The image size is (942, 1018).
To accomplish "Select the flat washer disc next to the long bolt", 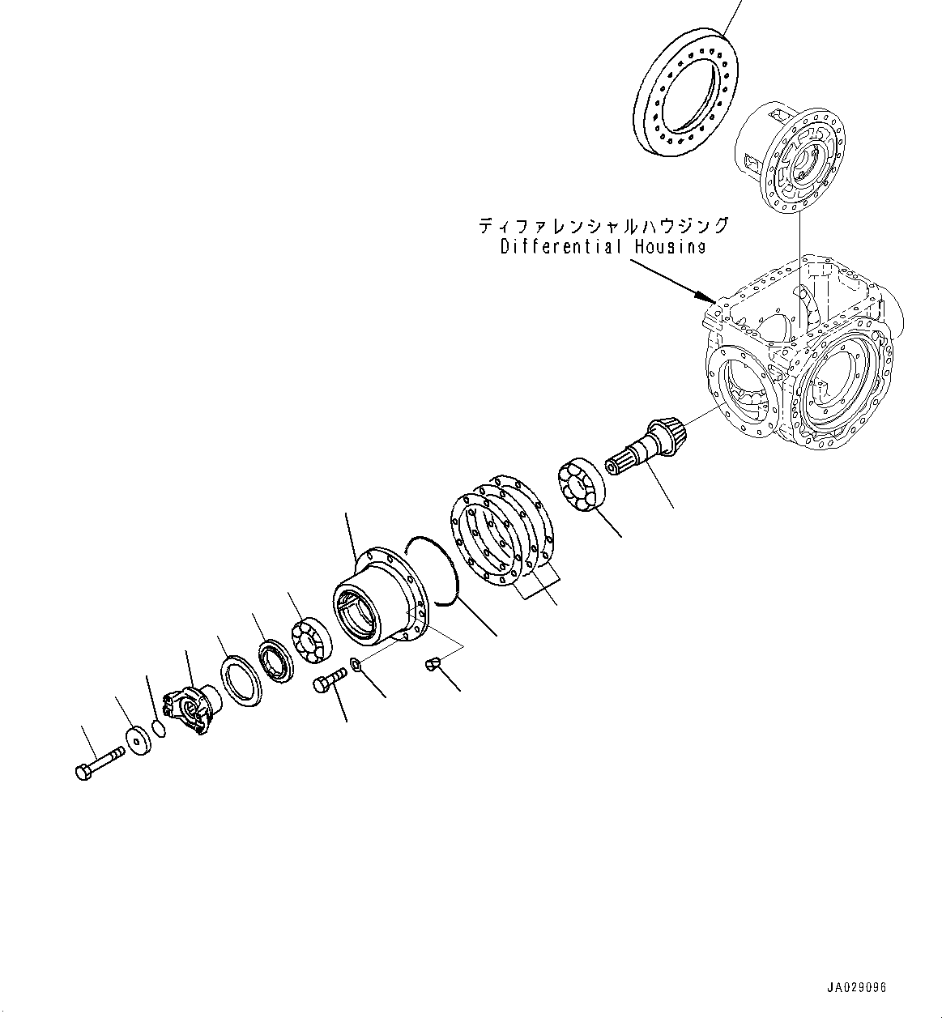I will (139, 740).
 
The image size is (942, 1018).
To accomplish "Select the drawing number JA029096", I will (857, 988).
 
